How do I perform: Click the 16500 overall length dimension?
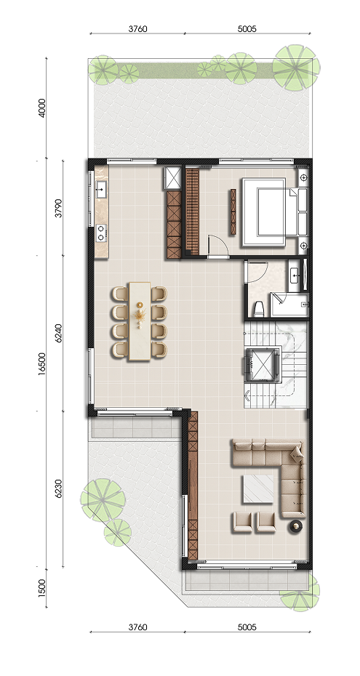pos(42,364)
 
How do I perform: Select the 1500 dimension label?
pos(42,587)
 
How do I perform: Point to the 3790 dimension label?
pos(59,208)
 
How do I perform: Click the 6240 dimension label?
pos(59,333)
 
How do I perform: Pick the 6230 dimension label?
pos(59,489)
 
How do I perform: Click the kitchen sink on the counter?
pos(101,189)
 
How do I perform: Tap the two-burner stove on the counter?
pos(101,233)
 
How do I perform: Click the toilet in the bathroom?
pos(259,309)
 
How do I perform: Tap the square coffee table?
pos(258,488)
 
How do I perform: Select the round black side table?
pos(297,526)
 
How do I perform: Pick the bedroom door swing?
pos(218,246)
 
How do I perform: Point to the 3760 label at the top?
pos(138,29)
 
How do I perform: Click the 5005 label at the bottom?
pos(247,627)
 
